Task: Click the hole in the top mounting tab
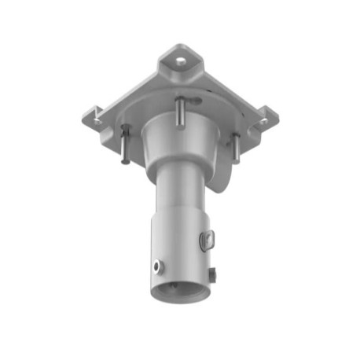[x=182, y=59]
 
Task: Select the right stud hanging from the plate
[x=233, y=148]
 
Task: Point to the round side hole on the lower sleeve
[x=160, y=266]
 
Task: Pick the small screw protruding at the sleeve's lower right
[x=214, y=274]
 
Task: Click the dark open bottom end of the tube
[x=182, y=292]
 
